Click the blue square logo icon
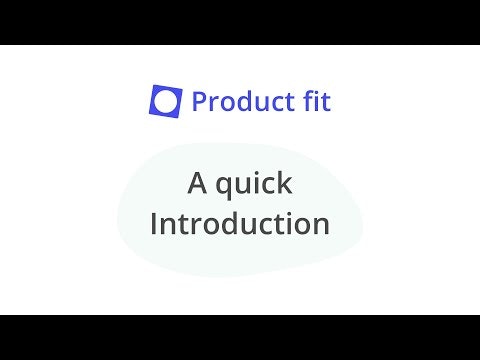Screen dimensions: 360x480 click(166, 100)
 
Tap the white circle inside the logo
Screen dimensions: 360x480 click(166, 100)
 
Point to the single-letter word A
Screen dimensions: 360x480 click(197, 184)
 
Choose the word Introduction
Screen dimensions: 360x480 click(240, 223)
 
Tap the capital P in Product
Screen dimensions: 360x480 click(198, 101)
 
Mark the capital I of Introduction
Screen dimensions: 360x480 click(154, 223)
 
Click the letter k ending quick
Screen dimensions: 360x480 click(285, 184)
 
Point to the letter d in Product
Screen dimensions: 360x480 click(240, 101)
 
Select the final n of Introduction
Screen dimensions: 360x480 click(321, 225)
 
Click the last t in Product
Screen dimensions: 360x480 click(281, 101)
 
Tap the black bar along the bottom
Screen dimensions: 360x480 click(240, 337)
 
